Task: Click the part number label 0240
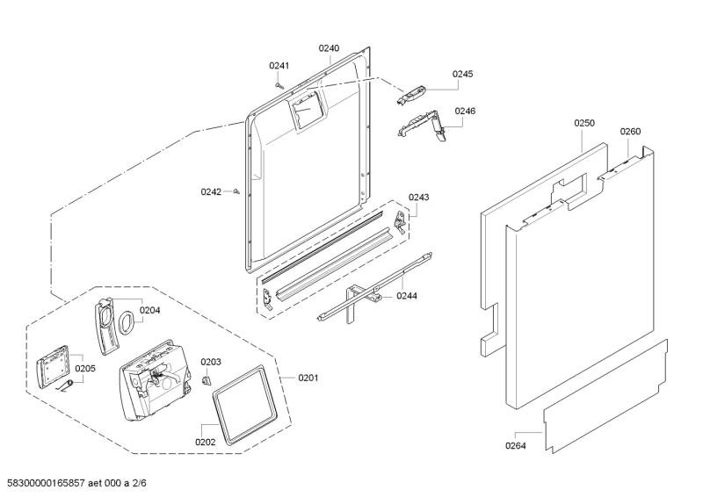pyautogui.click(x=329, y=48)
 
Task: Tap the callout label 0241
pyautogui.click(x=279, y=66)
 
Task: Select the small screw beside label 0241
pyautogui.click(x=279, y=84)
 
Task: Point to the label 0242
pyautogui.click(x=211, y=191)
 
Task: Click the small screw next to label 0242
pyautogui.click(x=237, y=191)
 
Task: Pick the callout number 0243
pyautogui.click(x=418, y=198)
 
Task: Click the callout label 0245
pyautogui.click(x=463, y=75)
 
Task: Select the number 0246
pyautogui.click(x=465, y=112)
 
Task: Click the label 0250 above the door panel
pyautogui.click(x=584, y=124)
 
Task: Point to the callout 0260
pyautogui.click(x=630, y=132)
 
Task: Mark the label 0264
pyautogui.click(x=516, y=445)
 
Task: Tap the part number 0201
pyautogui.click(x=308, y=378)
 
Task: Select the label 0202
pyautogui.click(x=205, y=442)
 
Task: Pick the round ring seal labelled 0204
pyautogui.click(x=126, y=321)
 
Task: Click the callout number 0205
pyautogui.click(x=84, y=369)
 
